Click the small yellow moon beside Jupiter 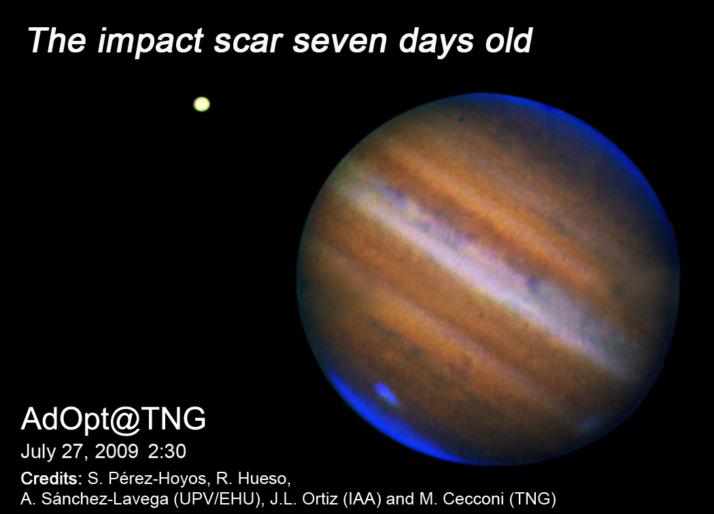(x=202, y=104)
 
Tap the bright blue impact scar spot (x=386, y=393)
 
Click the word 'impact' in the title (x=150, y=41)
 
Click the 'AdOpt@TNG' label (x=114, y=419)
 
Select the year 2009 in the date (x=116, y=451)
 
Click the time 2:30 (x=167, y=451)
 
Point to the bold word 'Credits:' (x=52, y=479)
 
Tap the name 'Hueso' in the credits (x=265, y=479)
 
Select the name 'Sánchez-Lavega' (x=105, y=500)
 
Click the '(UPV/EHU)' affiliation (x=218, y=500)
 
